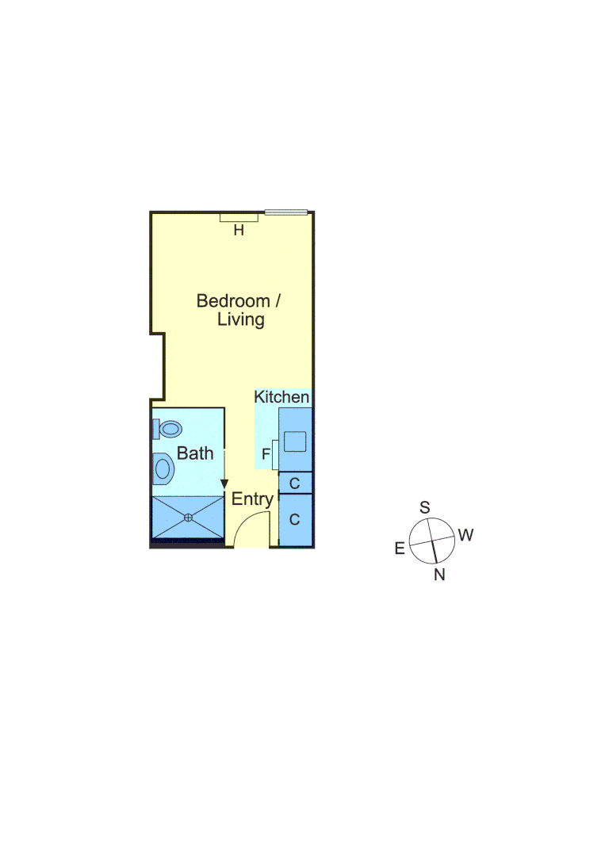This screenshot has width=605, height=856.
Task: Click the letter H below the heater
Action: [238, 231]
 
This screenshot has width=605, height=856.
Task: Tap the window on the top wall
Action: [285, 212]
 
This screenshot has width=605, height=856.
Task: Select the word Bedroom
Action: [233, 301]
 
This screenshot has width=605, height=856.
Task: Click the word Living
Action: [241, 320]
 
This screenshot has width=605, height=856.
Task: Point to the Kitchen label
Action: [281, 396]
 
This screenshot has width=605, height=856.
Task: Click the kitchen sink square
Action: [296, 441]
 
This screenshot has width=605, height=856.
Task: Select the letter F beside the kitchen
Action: [266, 455]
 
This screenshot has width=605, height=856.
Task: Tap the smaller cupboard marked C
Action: [295, 483]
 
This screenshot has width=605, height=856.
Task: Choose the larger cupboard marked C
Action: [295, 520]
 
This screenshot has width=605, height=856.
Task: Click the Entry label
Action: [252, 500]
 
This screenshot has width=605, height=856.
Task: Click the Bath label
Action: [195, 453]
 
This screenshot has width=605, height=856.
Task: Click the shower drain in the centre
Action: [188, 518]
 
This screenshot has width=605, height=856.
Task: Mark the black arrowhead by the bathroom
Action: [224, 483]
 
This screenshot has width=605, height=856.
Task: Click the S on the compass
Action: [424, 507]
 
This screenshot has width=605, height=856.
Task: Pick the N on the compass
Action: [439, 575]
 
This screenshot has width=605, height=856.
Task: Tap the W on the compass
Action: [465, 535]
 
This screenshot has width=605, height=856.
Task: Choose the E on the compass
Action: [400, 548]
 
